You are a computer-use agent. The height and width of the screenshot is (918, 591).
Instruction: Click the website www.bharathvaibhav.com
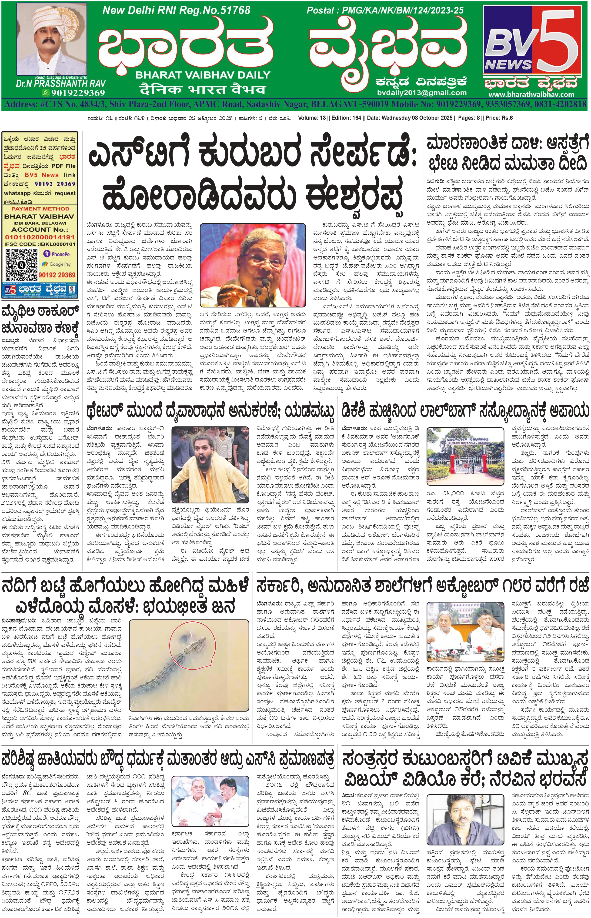pos(531,94)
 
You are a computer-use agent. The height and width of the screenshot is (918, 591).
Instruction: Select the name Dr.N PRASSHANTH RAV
pos(61,83)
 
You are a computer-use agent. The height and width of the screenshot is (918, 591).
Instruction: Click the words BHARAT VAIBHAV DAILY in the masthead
pos(203,75)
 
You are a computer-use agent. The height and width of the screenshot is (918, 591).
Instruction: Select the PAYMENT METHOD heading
pos(40,209)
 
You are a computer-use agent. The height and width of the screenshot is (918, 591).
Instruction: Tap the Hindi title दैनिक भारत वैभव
pos(202,89)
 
